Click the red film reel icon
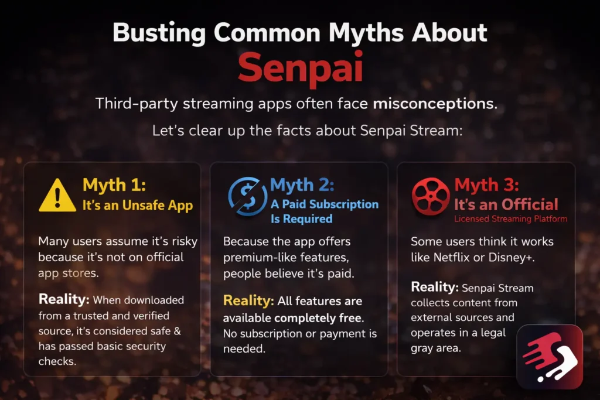click(x=431, y=196)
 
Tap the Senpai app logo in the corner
click(x=550, y=357)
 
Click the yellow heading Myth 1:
click(x=114, y=185)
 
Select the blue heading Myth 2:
click(x=302, y=185)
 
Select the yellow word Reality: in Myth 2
click(x=248, y=301)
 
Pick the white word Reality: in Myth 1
click(x=64, y=299)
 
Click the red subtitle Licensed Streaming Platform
click(x=511, y=219)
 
